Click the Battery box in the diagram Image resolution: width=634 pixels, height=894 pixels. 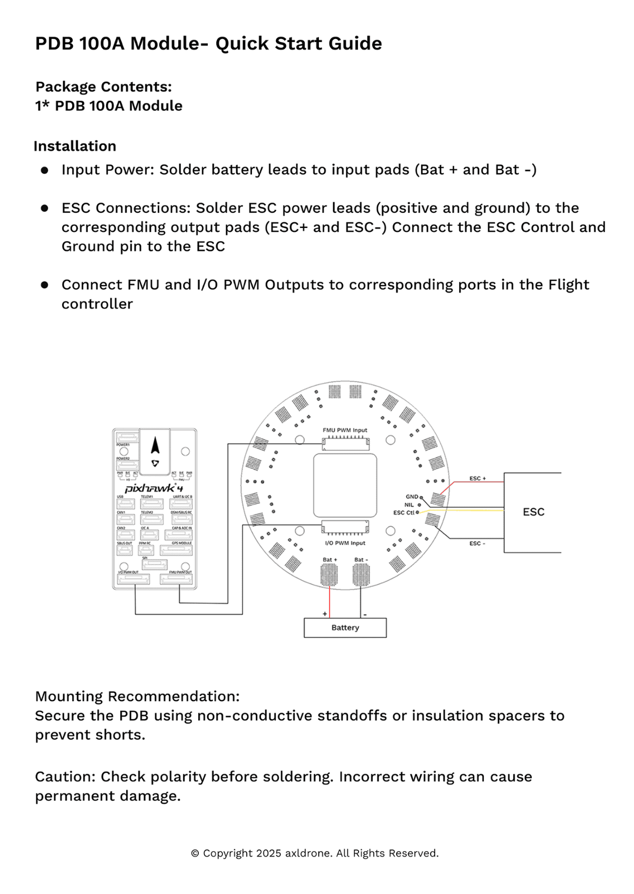tap(345, 627)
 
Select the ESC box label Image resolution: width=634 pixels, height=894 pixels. tap(533, 512)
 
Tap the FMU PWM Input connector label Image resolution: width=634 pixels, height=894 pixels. tap(345, 430)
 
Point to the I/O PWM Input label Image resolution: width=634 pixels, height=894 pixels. tap(345, 543)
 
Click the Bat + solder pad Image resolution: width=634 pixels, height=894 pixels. tap(329, 575)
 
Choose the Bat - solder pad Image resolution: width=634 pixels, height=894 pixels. tap(361, 575)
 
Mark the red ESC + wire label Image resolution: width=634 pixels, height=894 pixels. tap(477, 478)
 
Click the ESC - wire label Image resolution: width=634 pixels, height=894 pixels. tap(477, 543)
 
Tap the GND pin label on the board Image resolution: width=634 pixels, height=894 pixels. tap(412, 497)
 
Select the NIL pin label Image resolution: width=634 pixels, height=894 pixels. tap(409, 505)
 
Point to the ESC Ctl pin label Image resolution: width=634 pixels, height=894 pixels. tap(403, 512)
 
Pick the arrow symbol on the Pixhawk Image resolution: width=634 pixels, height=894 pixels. tap(155, 446)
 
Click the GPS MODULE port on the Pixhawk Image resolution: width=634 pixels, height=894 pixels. tap(177, 550)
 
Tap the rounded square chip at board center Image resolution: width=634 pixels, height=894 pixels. tap(345, 485)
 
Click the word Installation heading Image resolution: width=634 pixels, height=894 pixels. tap(75, 146)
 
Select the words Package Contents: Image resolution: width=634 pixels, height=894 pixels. tap(103, 87)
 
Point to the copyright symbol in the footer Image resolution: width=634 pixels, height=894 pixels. tap(195, 853)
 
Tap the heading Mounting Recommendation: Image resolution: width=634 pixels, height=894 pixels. tap(137, 696)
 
